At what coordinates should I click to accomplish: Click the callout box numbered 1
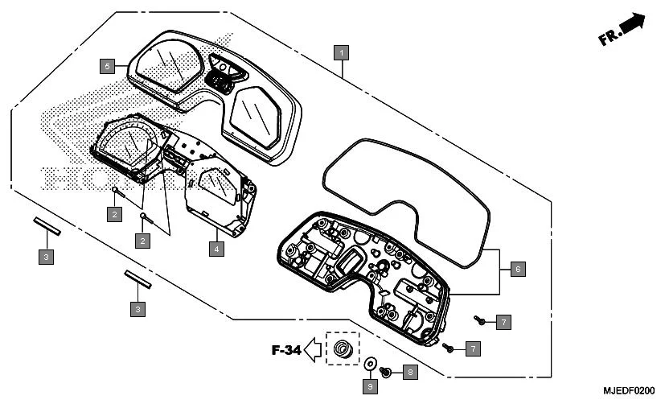click(343, 52)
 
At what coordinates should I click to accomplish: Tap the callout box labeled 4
click(216, 249)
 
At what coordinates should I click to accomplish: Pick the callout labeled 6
click(517, 270)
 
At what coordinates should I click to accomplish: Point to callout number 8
click(409, 372)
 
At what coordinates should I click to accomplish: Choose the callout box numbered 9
click(371, 387)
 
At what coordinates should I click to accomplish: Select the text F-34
click(288, 350)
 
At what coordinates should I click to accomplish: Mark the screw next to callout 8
click(385, 372)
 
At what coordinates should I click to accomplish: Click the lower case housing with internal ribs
click(362, 274)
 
